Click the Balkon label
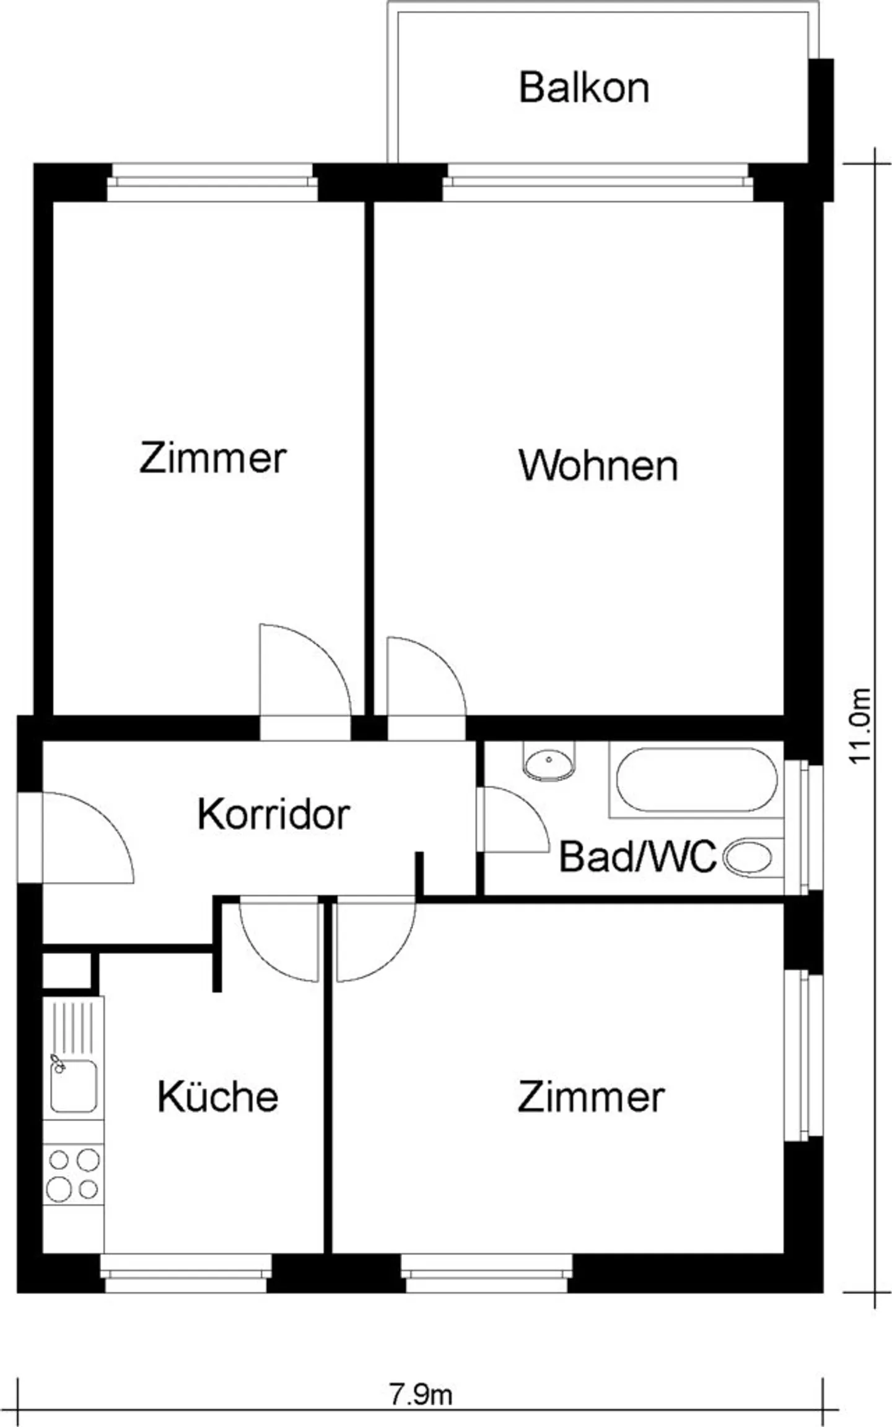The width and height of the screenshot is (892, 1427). (x=584, y=87)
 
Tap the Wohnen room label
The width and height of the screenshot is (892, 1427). (x=598, y=466)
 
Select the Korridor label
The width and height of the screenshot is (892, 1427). (x=274, y=814)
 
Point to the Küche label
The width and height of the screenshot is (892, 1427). (x=218, y=1096)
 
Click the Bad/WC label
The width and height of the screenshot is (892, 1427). (x=637, y=857)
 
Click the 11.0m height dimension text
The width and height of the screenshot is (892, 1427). (x=860, y=726)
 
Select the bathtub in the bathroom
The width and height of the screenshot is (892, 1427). (x=696, y=780)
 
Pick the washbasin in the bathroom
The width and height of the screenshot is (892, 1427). (x=549, y=761)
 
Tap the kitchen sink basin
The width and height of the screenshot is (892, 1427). (x=74, y=1085)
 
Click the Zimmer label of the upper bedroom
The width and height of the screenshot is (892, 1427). (x=212, y=458)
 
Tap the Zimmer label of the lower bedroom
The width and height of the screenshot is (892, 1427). (x=591, y=1096)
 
